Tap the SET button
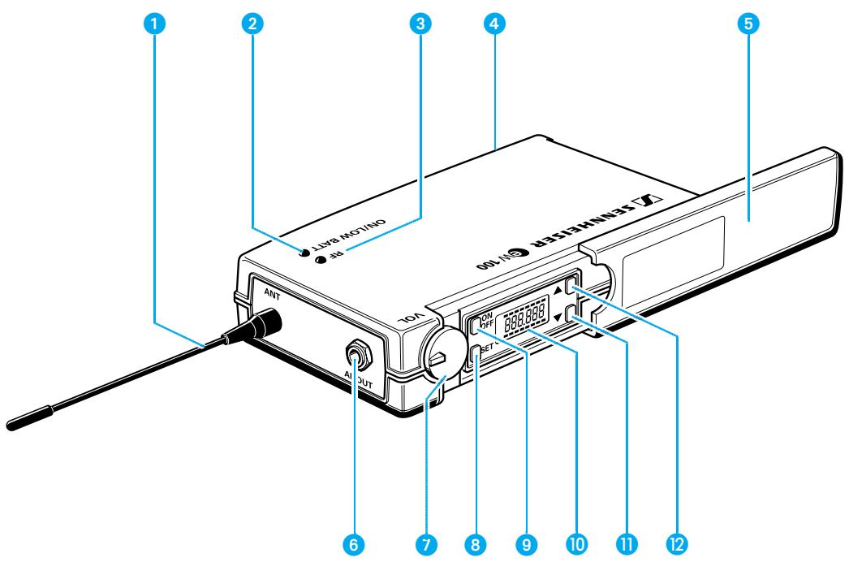tap(475, 352)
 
